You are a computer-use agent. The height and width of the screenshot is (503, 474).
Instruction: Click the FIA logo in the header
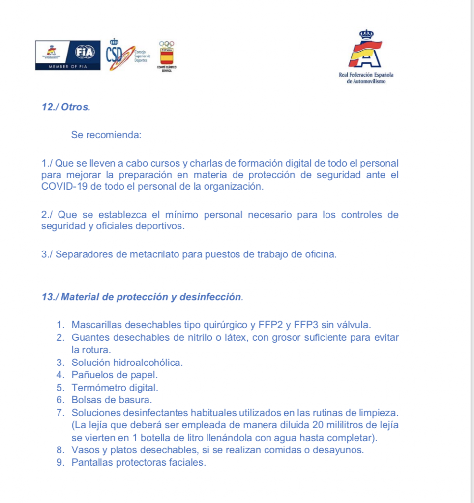84,52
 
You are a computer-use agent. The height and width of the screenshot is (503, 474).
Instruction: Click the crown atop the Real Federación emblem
366,34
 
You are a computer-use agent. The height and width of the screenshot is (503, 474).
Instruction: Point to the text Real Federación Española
366,75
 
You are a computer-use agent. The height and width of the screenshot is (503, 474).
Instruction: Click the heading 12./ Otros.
66,107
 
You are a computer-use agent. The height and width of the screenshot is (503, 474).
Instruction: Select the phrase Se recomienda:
106,135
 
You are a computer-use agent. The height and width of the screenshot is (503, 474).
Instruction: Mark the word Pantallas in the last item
92,463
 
